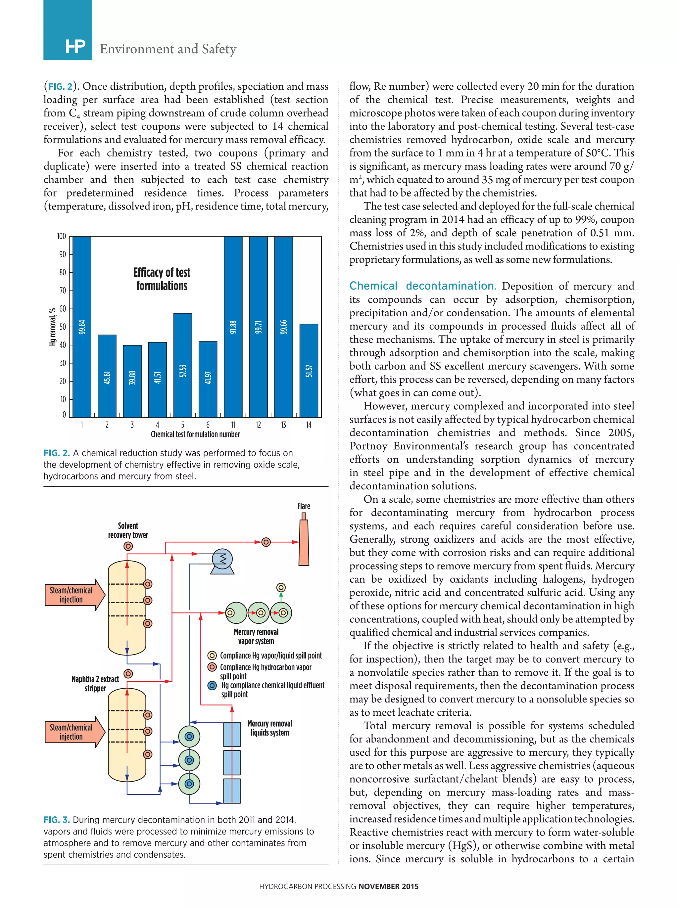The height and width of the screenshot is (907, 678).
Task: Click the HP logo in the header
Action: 75,47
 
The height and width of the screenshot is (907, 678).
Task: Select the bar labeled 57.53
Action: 182,365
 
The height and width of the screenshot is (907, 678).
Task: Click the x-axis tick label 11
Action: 233,425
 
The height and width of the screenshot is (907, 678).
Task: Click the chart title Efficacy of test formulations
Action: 162,279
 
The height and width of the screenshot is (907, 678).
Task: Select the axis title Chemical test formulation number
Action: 195,434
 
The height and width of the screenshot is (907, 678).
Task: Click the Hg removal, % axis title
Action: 52,327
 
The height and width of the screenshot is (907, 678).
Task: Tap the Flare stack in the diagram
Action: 304,542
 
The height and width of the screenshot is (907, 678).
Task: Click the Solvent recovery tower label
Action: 128,530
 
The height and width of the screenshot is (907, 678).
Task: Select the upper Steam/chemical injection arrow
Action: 74,595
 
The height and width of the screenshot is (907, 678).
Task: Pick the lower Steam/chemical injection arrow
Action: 74,732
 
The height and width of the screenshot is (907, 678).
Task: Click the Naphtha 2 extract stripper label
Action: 95,684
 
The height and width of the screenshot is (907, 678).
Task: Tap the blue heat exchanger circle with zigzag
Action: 222,559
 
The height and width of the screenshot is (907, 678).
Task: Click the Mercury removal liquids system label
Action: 269,728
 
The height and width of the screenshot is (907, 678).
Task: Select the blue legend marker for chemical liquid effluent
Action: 212,686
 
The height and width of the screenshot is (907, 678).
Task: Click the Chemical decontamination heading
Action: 422,286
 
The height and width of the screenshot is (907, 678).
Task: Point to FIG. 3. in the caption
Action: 57,820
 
